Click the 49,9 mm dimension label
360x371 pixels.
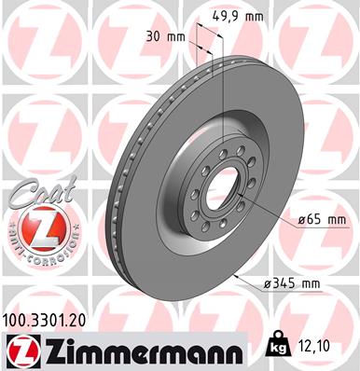pos(238,16)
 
